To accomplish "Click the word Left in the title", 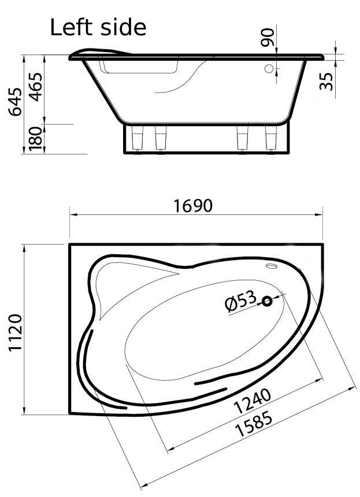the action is click(72, 27).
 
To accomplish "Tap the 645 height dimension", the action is click(15, 102).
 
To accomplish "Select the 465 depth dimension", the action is click(36, 87).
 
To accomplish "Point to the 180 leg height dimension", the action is click(35, 139).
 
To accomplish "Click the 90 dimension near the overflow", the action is click(267, 37).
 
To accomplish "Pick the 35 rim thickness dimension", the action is click(326, 81).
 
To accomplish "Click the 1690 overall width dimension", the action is click(193, 206).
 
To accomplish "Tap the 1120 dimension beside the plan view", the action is click(15, 332).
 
